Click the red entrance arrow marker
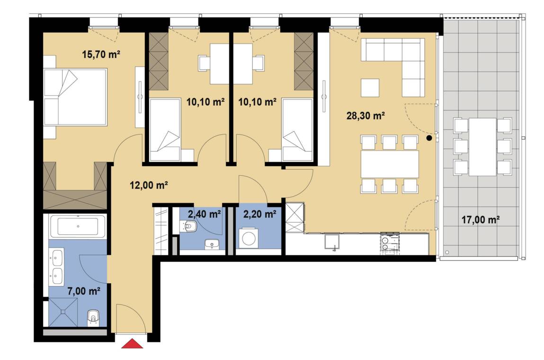pyautogui.click(x=132, y=343)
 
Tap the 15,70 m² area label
pyautogui.click(x=101, y=54)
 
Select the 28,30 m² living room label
pyautogui.click(x=366, y=116)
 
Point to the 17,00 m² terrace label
pyautogui.click(x=480, y=220)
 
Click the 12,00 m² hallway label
pyautogui.click(x=149, y=185)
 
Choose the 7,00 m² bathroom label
pyautogui.click(x=84, y=291)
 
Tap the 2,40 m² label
pyautogui.click(x=205, y=214)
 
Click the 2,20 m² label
pyautogui.click(x=260, y=214)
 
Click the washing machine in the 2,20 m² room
pyautogui.click(x=249, y=238)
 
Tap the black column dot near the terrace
pyautogui.click(x=429, y=138)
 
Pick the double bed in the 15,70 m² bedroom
pyautogui.click(x=75, y=97)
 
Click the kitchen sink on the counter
pyautogui.click(x=332, y=242)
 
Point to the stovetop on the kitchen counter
pyautogui.click(x=390, y=243)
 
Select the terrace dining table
pyautogui.click(x=482, y=146)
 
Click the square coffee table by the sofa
pyautogui.click(x=370, y=88)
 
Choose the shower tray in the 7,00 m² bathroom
pyautogui.click(x=63, y=312)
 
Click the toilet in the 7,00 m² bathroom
pyautogui.click(x=93, y=318)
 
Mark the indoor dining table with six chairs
pyautogui.click(x=390, y=164)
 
